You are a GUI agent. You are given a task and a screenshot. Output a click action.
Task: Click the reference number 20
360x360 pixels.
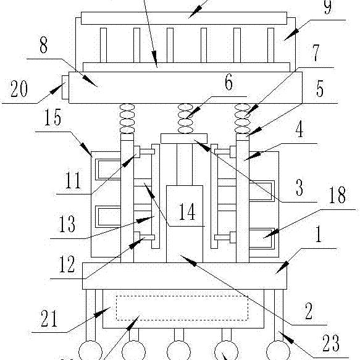point(19,89)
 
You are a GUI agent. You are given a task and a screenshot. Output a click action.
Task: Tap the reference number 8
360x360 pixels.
point(44,45)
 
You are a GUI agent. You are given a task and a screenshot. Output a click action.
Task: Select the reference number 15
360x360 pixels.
point(53,117)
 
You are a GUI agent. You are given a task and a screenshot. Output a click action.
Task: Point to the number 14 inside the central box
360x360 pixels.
point(187,212)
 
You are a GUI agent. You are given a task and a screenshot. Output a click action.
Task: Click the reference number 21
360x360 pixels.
point(49,318)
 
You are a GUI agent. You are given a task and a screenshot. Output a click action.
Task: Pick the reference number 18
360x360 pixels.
point(337,195)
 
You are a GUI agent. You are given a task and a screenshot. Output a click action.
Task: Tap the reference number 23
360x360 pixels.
point(331,343)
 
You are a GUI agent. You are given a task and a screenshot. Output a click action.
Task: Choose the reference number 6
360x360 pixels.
point(228,82)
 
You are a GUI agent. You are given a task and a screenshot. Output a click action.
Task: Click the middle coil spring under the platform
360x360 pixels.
point(185,119)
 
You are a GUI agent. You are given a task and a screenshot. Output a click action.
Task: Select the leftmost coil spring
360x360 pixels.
point(127,119)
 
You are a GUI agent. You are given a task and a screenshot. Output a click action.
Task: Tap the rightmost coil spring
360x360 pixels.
point(243,119)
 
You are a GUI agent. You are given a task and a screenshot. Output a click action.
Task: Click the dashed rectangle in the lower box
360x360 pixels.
point(182,308)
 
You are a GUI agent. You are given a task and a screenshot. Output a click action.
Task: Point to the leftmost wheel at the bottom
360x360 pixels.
point(90,351)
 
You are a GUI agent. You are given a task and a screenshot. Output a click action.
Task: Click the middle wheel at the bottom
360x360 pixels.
point(178,351)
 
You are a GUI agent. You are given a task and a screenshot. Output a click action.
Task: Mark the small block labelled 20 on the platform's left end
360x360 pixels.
point(65,88)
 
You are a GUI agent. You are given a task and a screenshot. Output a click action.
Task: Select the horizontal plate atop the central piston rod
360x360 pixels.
point(184,139)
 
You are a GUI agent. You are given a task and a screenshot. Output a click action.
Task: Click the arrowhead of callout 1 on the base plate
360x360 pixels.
point(283,267)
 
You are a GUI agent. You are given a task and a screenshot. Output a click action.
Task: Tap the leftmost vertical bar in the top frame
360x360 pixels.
point(103,45)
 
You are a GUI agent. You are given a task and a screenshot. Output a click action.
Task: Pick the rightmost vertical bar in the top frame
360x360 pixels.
point(270,45)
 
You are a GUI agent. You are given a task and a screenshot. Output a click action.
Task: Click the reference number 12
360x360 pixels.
point(67,264)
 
